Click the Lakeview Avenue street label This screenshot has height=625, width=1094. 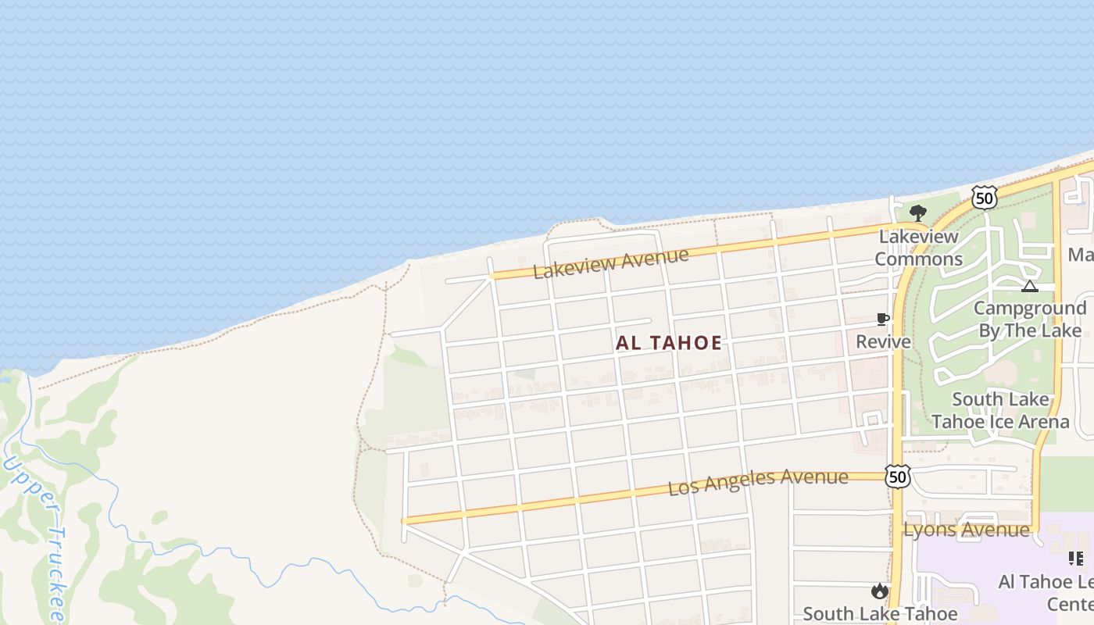pyautogui.click(x=610, y=262)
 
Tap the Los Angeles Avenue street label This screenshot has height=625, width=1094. pyautogui.click(x=758, y=481)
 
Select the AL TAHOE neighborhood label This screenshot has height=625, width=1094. pyautogui.click(x=669, y=343)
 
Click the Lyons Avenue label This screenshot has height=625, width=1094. pyautogui.click(x=967, y=530)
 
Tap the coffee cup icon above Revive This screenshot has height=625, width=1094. pyautogui.click(x=883, y=320)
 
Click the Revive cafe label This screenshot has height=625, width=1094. pyautogui.click(x=883, y=341)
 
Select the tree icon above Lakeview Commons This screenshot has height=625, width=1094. pyautogui.click(x=918, y=212)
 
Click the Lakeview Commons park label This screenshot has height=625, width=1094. pyautogui.click(x=918, y=247)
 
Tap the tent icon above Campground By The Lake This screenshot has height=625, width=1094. pyautogui.click(x=1030, y=286)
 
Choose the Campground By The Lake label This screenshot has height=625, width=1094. pyautogui.click(x=1030, y=319)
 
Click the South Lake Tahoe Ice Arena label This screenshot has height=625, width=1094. pyautogui.click(x=1000, y=410)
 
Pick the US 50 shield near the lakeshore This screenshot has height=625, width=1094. pyautogui.click(x=985, y=198)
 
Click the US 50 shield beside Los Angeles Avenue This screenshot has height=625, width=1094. pyautogui.click(x=898, y=476)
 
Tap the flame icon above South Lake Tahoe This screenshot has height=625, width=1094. pyautogui.click(x=880, y=591)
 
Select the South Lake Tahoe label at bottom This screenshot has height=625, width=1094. pyautogui.click(x=880, y=613)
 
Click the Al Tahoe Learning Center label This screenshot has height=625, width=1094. pyautogui.click(x=1047, y=592)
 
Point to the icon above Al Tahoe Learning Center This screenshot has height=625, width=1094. pyautogui.click(x=1075, y=558)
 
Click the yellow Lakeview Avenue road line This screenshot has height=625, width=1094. pyautogui.click(x=781, y=243)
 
